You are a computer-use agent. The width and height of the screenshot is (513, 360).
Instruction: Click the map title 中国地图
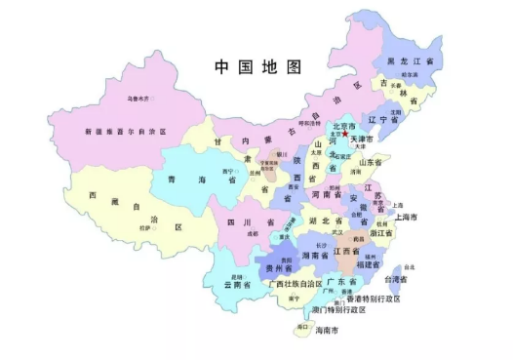click(x=258, y=66)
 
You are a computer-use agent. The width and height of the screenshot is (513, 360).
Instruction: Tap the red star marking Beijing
click(x=357, y=134)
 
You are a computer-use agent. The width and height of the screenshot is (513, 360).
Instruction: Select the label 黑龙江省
click(x=411, y=60)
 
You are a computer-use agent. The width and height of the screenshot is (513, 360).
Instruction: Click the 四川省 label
click(x=243, y=222)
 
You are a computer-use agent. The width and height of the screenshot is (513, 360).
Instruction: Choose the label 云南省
click(x=239, y=285)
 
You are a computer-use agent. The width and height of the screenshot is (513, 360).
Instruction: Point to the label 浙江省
click(x=385, y=234)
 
